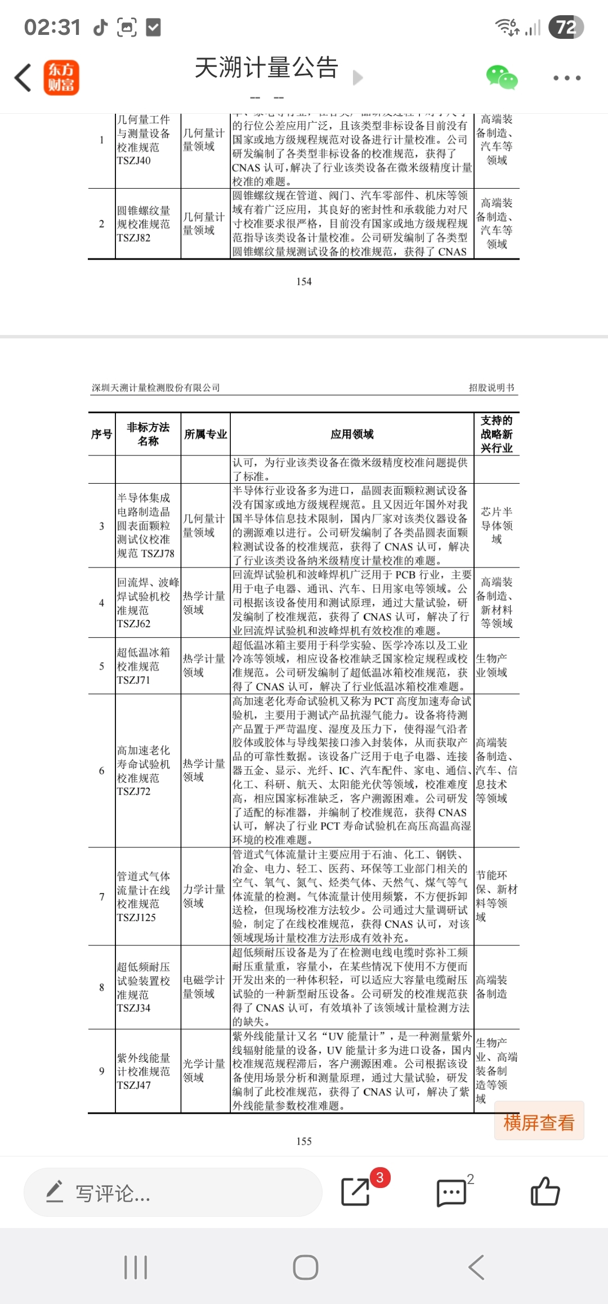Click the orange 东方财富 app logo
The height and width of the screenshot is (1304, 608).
coord(61,78)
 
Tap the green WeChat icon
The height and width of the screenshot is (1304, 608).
coord(501,78)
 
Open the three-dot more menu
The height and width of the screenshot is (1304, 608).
coord(566,78)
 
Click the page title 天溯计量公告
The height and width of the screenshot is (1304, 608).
coord(266,68)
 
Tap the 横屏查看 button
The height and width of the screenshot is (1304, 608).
coord(539,1122)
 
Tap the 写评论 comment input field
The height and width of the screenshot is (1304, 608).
coord(172,1193)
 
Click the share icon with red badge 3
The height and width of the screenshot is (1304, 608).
coord(356,1191)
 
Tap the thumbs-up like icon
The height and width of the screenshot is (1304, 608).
coord(545,1191)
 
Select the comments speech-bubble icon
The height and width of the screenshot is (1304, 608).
coord(451,1193)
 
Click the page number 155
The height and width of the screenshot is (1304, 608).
coord(304,1141)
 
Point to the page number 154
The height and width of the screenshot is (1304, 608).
coord(304,282)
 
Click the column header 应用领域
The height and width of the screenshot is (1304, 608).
coord(352,434)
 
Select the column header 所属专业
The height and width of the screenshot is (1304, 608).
coord(205,434)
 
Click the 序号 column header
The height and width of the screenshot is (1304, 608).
coord(102,434)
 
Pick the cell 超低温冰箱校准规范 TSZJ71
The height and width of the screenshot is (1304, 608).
coord(144,666)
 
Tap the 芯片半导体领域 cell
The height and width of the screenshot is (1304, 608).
coord(497,525)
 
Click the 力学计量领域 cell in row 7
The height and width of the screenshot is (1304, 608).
coord(204,896)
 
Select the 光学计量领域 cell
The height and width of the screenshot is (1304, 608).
coord(204,1070)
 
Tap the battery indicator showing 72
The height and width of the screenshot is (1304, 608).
coord(566,27)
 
